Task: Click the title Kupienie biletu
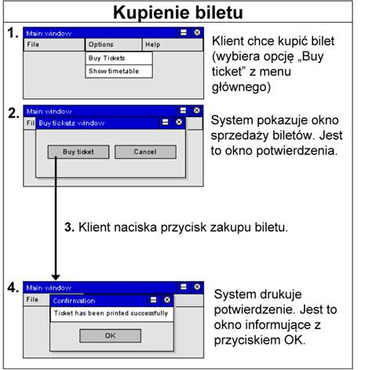[x=178, y=13]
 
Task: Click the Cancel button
[x=145, y=152]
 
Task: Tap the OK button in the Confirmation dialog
[x=110, y=335]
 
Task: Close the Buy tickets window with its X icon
[x=179, y=123]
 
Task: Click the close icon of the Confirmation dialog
[x=167, y=299]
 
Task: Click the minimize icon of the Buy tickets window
[x=166, y=123]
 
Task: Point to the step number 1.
[x=13, y=33]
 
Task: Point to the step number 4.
[x=13, y=288]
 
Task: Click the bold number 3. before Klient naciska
[x=69, y=227]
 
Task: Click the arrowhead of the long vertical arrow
[x=56, y=277]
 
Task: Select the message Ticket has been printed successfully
[x=111, y=313]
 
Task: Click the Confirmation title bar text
[x=74, y=301]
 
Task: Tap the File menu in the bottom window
[x=32, y=299]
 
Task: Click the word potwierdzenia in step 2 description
[x=297, y=151]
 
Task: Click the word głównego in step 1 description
[x=241, y=87]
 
